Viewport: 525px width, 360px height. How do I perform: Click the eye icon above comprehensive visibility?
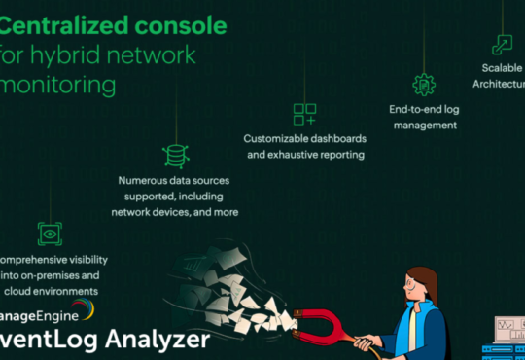click(49, 233)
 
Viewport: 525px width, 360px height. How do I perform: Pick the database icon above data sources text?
click(176, 155)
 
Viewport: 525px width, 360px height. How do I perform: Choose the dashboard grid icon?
click(304, 114)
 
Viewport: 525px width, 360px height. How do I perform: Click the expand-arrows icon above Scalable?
click(502, 44)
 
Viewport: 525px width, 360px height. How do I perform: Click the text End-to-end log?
click(423, 110)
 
